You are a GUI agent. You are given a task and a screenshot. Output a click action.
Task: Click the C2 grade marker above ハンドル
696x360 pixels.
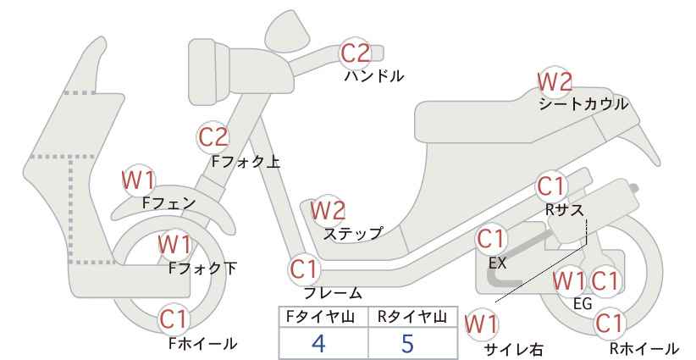(356, 53)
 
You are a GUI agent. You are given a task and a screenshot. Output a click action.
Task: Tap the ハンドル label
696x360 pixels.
(374, 76)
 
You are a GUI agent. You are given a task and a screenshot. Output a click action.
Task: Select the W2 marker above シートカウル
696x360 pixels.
(555, 81)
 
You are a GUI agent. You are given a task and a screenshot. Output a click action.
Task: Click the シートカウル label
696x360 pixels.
(583, 104)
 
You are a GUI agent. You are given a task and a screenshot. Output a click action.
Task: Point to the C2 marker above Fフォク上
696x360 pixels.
(213, 137)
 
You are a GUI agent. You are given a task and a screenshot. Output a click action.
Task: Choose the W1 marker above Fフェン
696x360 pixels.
(139, 180)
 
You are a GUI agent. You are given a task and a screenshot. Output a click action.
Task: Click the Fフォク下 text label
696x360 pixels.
(202, 269)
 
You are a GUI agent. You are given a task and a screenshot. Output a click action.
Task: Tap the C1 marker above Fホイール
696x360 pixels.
(174, 319)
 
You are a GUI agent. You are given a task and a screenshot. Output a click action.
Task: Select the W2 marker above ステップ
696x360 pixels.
(328, 210)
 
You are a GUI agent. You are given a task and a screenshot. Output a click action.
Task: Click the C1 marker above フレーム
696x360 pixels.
(305, 269)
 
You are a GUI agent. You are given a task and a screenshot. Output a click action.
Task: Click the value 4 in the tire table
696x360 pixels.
(318, 343)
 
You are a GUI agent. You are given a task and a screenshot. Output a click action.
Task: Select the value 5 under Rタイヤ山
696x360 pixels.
(407, 343)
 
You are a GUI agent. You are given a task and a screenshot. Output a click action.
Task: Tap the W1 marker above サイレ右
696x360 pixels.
(481, 324)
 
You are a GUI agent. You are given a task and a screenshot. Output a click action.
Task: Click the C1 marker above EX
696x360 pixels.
(491, 239)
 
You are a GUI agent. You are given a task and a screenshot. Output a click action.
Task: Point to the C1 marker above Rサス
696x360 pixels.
(550, 187)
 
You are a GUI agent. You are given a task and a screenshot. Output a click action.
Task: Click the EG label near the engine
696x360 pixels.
(583, 304)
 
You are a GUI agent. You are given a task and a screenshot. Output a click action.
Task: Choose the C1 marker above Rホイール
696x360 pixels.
(609, 324)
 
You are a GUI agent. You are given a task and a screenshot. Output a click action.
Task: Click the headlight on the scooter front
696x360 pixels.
(208, 72)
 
